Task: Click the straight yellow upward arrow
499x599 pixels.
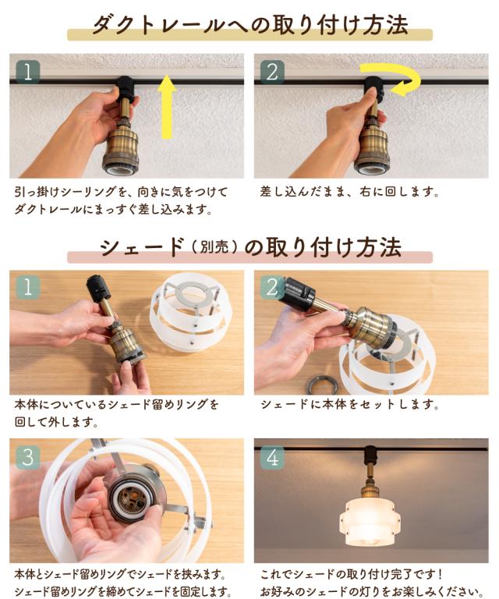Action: coord(167,107)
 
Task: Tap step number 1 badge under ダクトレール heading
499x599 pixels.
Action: coord(28,72)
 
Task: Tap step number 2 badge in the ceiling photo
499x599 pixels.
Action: coord(272,72)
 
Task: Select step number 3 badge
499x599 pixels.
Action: coord(28,457)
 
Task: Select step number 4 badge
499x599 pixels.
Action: coord(272,457)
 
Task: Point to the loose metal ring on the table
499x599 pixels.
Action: coord(323,385)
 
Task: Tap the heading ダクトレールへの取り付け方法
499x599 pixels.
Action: coord(250,25)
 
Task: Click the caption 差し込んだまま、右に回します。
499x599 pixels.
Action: coord(350,191)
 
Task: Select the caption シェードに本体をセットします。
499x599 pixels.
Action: coord(350,405)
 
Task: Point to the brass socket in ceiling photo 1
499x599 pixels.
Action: coord(120,147)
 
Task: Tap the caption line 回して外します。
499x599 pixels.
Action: coord(56,422)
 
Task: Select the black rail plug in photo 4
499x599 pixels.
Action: coord(370,455)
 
